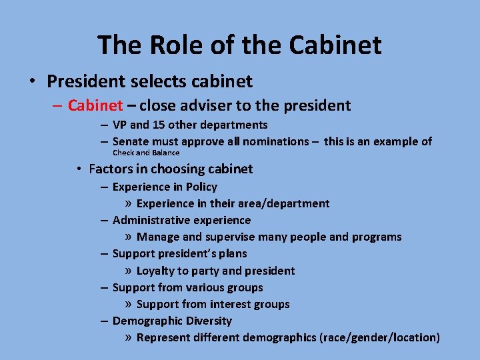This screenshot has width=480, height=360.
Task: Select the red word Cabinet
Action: (95, 105)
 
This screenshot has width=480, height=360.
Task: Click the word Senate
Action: (131, 141)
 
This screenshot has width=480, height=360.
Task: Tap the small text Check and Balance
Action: (146, 153)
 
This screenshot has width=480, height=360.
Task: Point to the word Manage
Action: (158, 237)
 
